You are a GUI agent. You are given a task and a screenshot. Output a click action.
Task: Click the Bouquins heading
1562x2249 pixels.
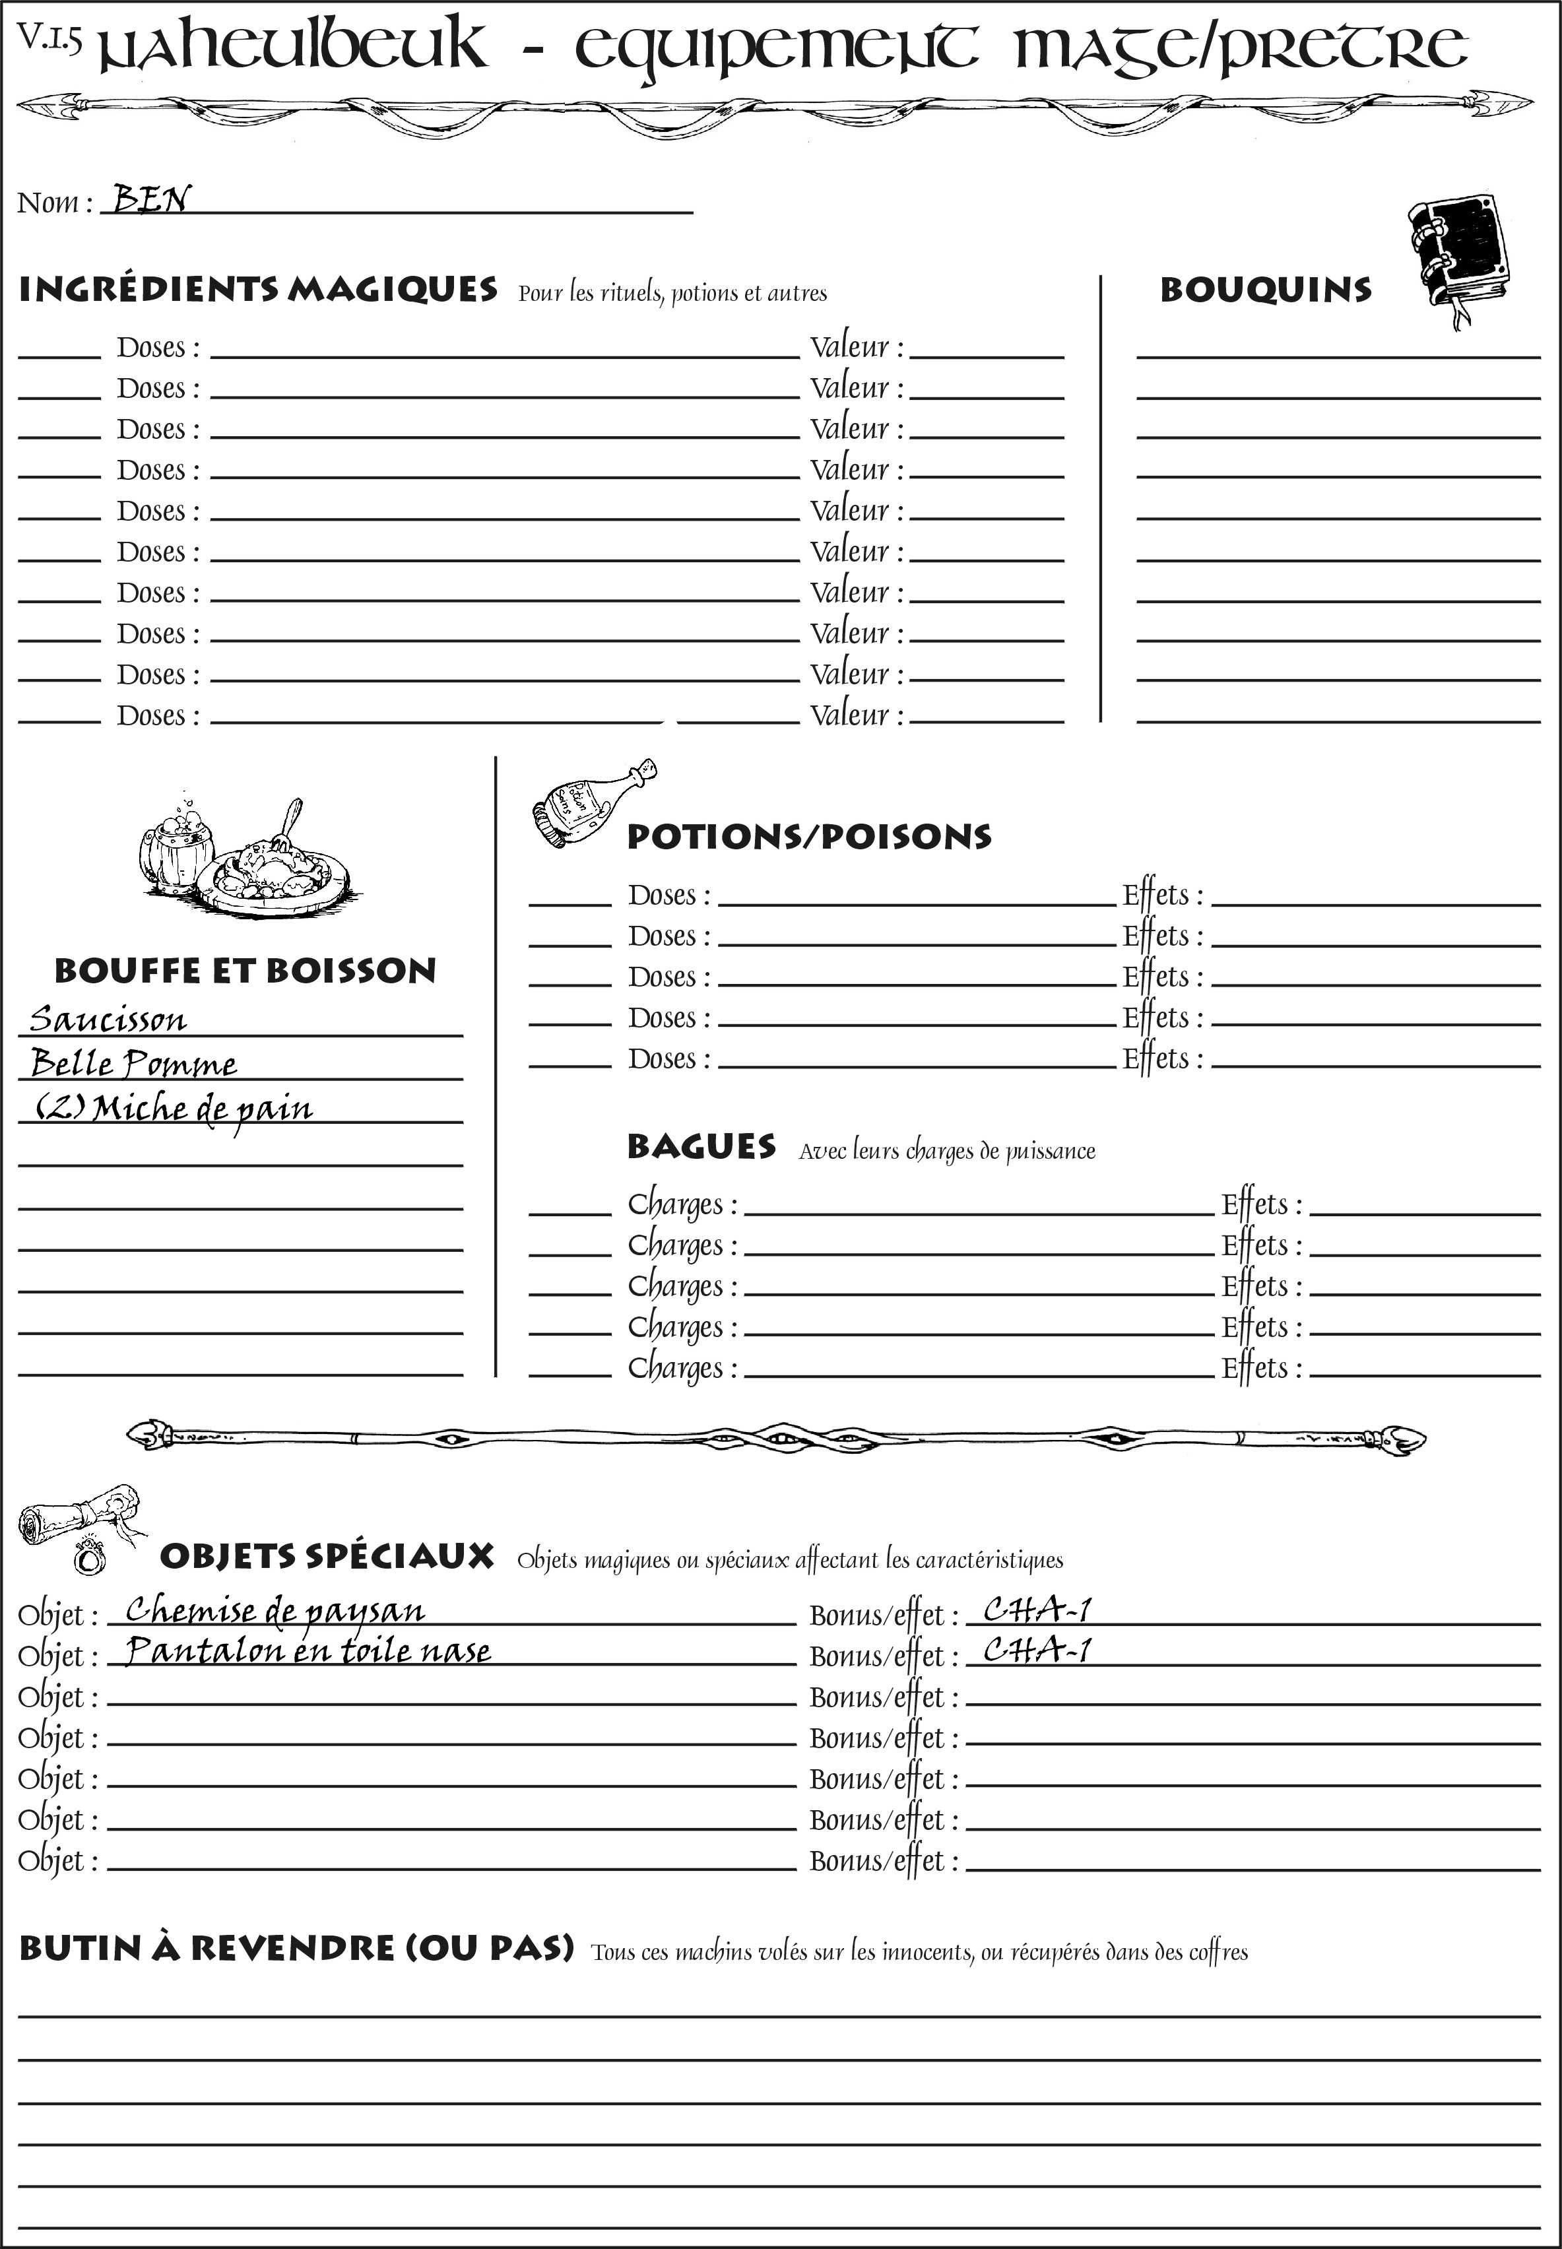[x=1266, y=290]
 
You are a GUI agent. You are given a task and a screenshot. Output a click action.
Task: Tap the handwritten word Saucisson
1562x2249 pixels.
[x=108, y=1019]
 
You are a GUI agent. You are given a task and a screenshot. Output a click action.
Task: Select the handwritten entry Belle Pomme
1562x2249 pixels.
[x=133, y=1063]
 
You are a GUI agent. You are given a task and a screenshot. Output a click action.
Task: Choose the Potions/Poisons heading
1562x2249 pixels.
[x=808, y=837]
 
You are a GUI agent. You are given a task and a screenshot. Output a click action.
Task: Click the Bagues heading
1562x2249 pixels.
[x=701, y=1147]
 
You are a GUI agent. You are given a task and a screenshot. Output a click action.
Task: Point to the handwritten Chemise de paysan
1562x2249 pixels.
[x=275, y=1610]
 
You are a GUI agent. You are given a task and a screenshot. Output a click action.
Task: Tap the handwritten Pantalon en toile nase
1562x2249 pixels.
[x=308, y=1651]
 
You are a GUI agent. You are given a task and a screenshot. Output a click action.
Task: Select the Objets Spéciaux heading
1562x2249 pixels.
[x=326, y=1557]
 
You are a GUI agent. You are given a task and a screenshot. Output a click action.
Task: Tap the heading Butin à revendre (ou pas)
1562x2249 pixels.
[x=296, y=1949]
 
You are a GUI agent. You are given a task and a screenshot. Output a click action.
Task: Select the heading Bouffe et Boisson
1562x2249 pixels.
[x=245, y=971]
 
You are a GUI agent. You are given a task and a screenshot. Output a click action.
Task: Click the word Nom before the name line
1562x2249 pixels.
[x=47, y=203]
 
